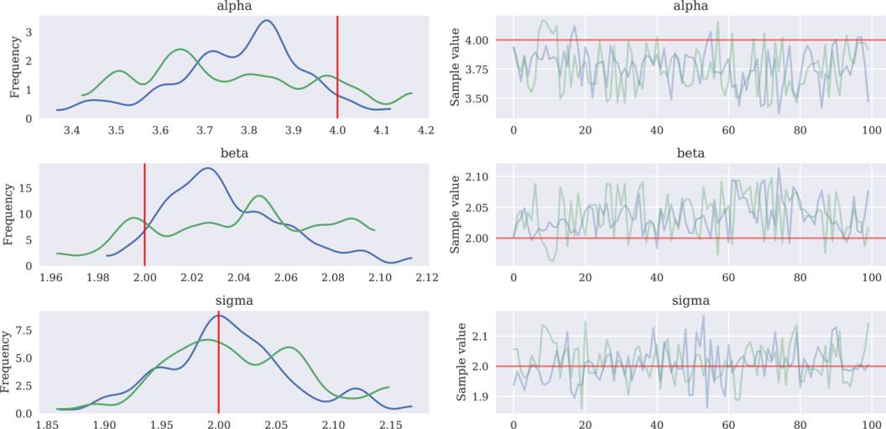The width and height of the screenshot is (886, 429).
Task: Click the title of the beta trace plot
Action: [691, 153]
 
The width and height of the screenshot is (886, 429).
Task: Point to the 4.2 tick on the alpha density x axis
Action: [425, 131]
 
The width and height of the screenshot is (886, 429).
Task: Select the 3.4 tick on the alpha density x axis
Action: [72, 131]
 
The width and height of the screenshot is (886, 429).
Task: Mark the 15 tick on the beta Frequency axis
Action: [26, 189]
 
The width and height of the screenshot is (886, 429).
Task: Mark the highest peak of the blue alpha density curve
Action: [267, 21]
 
